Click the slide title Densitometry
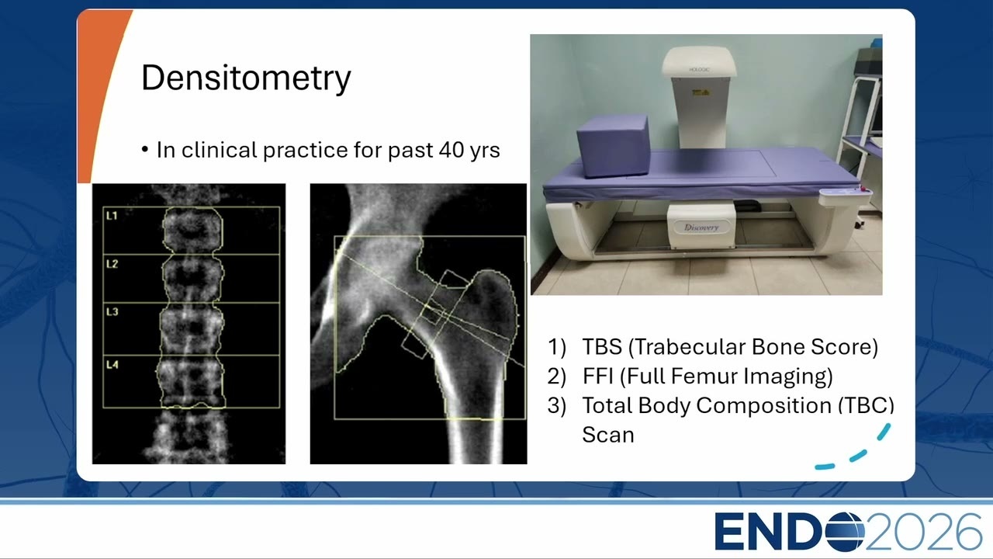pyautogui.click(x=246, y=78)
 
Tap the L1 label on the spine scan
pyautogui.click(x=112, y=216)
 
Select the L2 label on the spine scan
pyautogui.click(x=112, y=264)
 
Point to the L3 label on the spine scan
pyautogui.click(x=112, y=312)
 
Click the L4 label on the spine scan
pyautogui.click(x=112, y=365)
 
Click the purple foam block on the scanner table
pyautogui.click(x=613, y=146)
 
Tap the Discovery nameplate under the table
pyautogui.click(x=701, y=227)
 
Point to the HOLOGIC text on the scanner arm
pyautogui.click(x=699, y=70)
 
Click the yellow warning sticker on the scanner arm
pyautogui.click(x=701, y=92)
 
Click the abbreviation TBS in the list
pyautogui.click(x=602, y=347)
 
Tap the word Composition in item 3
pyautogui.click(x=735, y=406)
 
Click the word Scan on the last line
pyautogui.click(x=607, y=435)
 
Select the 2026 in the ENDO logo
pyautogui.click(x=924, y=531)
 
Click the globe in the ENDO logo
pyautogui.click(x=845, y=531)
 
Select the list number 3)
pyautogui.click(x=557, y=406)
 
